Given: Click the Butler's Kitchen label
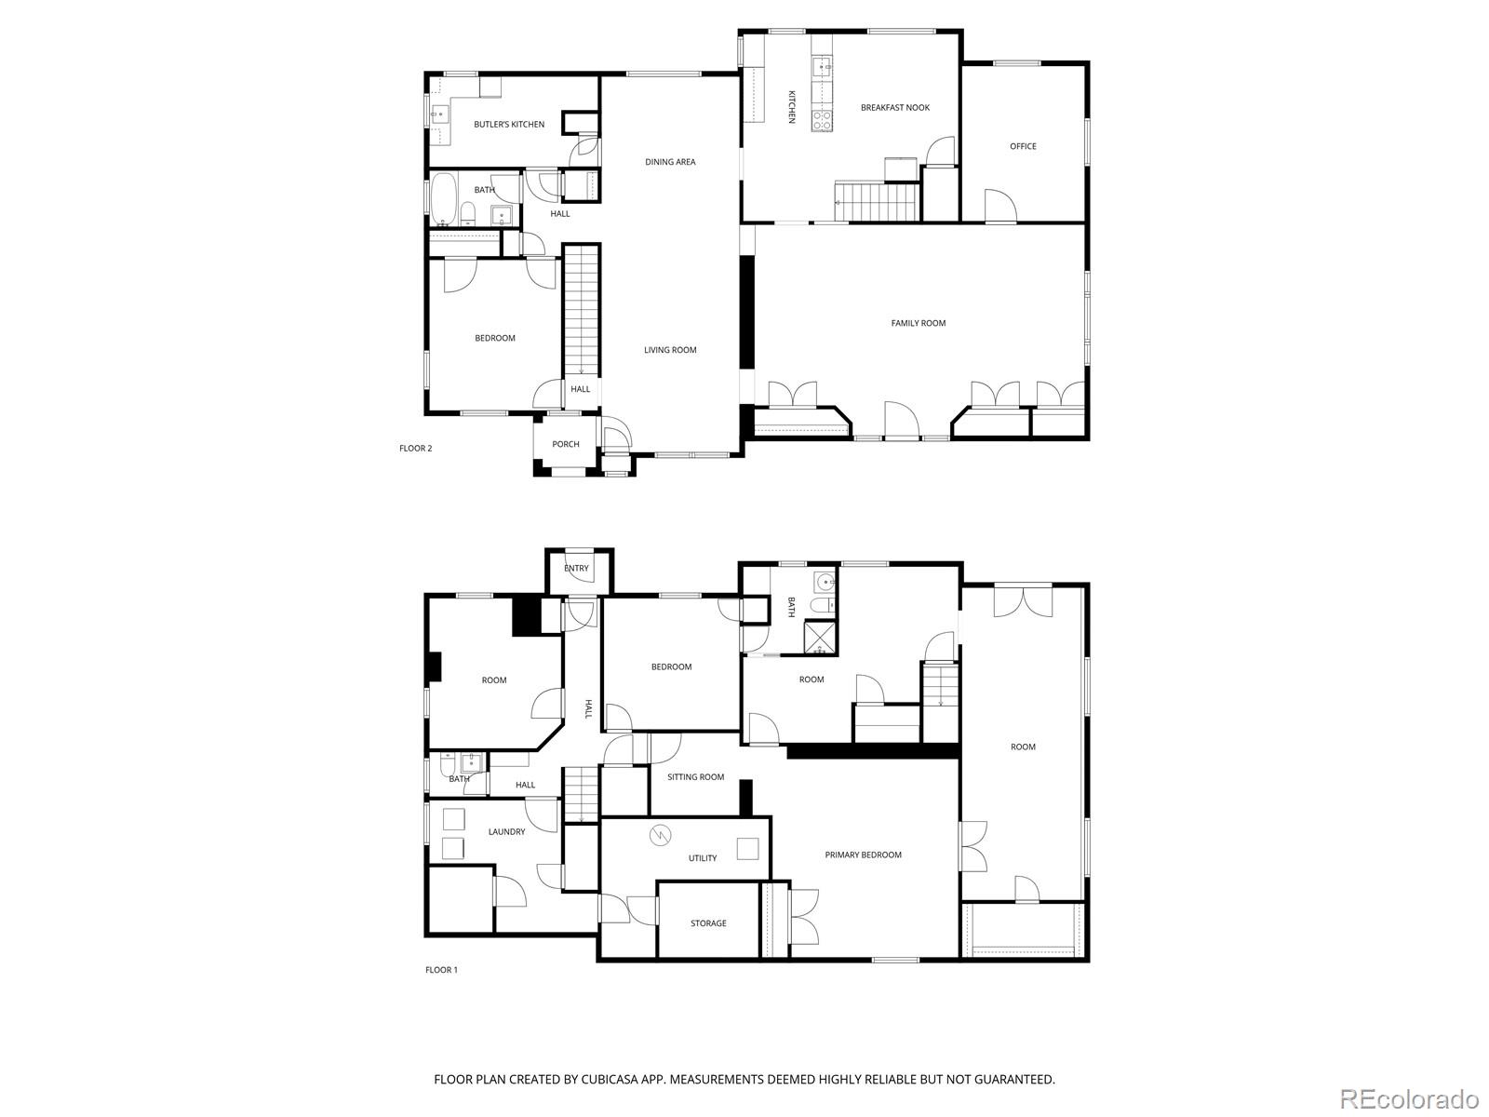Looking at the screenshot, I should tap(509, 125).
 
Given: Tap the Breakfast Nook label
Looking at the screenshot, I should tap(895, 108).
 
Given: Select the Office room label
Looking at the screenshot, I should tap(1023, 146).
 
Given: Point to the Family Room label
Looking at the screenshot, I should tap(919, 323).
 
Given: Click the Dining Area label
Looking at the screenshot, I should tap(670, 162).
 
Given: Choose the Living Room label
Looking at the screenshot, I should tap(670, 350).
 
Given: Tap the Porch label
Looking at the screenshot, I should tap(566, 444).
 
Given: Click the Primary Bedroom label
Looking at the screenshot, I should tap(863, 855).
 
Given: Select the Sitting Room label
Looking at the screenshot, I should tap(695, 777).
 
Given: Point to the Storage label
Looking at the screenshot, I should tap(708, 923).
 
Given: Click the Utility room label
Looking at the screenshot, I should tap(703, 858).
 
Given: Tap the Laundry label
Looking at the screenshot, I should tap(506, 832).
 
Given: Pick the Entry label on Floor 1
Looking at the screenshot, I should tap(576, 569).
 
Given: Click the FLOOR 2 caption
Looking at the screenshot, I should tap(416, 449).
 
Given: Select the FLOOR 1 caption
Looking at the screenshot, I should tap(442, 970).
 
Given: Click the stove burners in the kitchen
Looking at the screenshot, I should tap(823, 119).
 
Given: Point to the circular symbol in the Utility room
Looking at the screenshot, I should tap(660, 834).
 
